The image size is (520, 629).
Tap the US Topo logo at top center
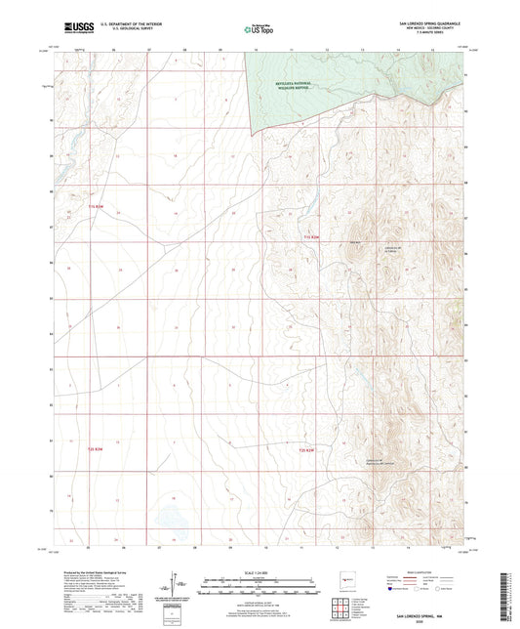coord(260,30)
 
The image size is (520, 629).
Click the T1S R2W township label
coord(310,236)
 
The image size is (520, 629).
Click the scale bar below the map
coord(260,584)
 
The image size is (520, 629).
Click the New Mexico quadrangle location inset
coord(344,579)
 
